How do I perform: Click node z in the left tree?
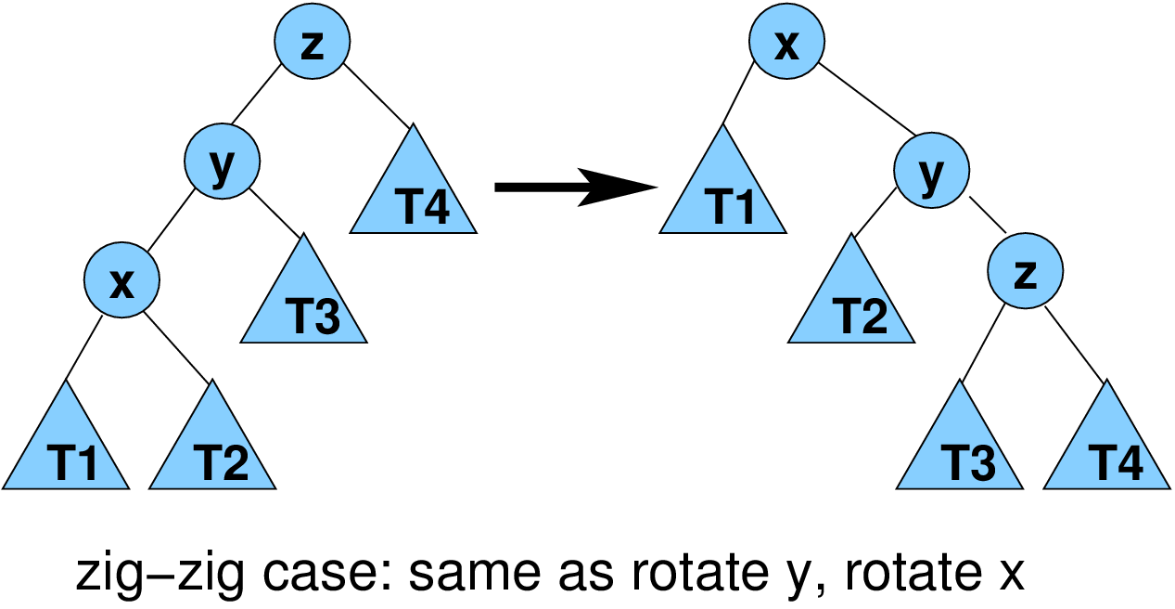click(x=313, y=43)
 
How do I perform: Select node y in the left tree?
click(x=222, y=165)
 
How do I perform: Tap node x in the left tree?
click(x=121, y=279)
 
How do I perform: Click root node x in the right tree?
click(x=786, y=43)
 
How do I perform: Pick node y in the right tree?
click(x=931, y=170)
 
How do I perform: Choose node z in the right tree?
click(x=1025, y=271)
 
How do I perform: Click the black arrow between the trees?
click(x=575, y=188)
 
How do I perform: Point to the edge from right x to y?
click(x=868, y=101)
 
